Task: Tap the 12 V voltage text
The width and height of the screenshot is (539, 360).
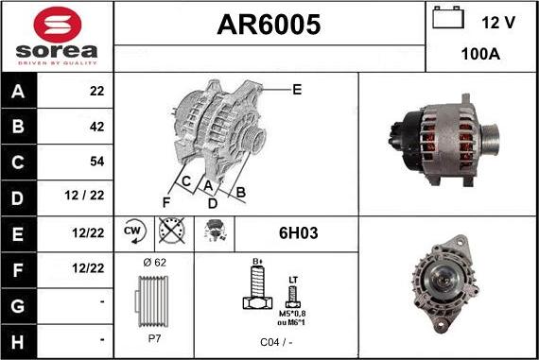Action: coord(496,22)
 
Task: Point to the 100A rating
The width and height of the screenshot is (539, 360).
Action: coord(480,55)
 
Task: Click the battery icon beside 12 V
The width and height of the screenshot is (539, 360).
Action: coord(445,19)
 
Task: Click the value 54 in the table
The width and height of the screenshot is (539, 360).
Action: coord(96,162)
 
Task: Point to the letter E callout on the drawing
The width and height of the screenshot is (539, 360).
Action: coord(296,90)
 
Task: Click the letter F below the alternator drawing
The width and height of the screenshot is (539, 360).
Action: coord(167,202)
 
